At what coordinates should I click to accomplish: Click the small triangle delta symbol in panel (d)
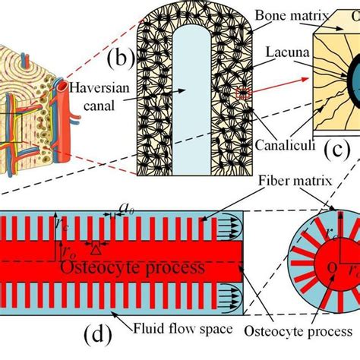pos(94,248)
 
